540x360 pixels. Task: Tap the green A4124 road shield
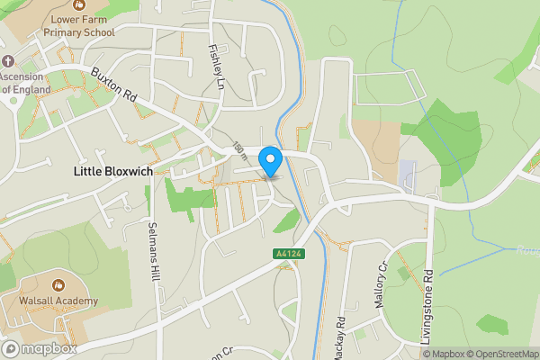(x=286, y=256)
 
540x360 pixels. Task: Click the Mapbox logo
(x=40, y=348)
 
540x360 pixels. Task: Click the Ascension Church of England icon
(x=8, y=61)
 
